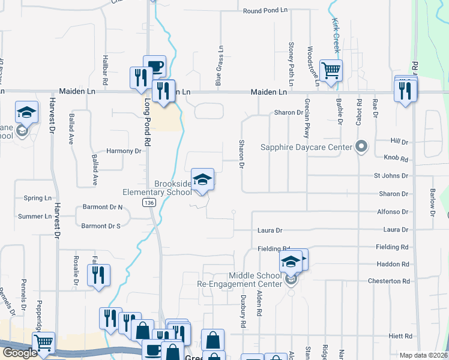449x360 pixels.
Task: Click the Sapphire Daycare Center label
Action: (x=306, y=147)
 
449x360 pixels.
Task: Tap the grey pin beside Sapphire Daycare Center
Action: (x=361, y=146)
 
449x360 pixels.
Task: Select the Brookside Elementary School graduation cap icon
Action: (x=203, y=179)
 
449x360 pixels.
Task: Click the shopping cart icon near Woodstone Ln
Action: (x=331, y=70)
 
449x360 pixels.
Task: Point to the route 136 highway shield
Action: (x=147, y=204)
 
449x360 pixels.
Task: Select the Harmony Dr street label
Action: (x=124, y=151)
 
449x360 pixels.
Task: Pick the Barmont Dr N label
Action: (x=102, y=208)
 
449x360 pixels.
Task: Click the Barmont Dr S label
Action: (x=101, y=226)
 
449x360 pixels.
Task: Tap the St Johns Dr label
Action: (x=391, y=176)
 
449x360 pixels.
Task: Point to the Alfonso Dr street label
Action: (x=393, y=212)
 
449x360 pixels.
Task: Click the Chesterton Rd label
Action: (x=390, y=281)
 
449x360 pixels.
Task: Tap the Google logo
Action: (x=20, y=353)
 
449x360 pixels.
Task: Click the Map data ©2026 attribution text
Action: (x=423, y=355)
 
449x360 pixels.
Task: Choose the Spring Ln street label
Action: (x=37, y=198)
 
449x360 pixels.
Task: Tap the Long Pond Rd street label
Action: (x=146, y=122)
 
